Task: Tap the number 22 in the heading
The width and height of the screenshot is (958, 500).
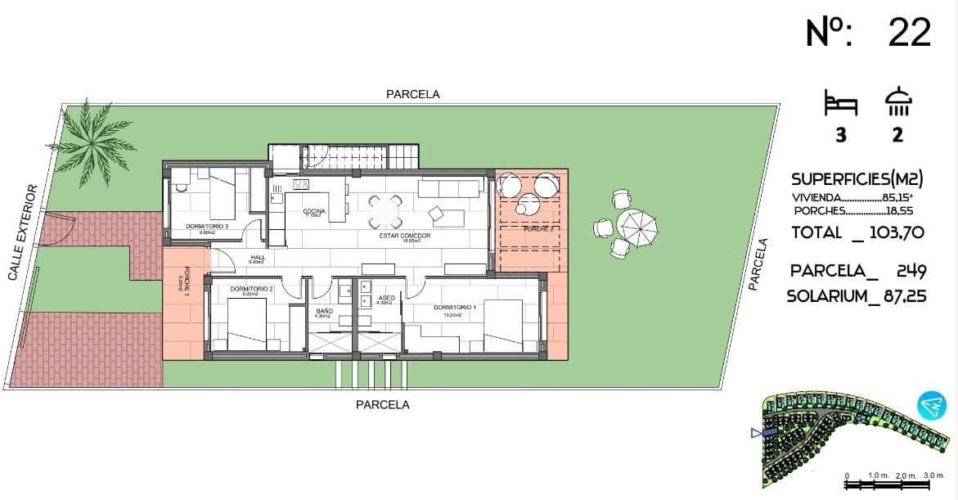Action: pyautogui.click(x=909, y=33)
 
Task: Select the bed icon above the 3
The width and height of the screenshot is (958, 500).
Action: pyautogui.click(x=840, y=105)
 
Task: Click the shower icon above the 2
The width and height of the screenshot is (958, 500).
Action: pyautogui.click(x=897, y=102)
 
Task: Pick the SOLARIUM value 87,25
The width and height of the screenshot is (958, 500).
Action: pyautogui.click(x=905, y=296)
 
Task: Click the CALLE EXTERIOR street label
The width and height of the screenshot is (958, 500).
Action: pyautogui.click(x=22, y=232)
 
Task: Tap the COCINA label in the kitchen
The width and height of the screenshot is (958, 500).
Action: pyautogui.click(x=313, y=211)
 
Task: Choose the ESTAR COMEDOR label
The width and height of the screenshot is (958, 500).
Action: pyautogui.click(x=404, y=236)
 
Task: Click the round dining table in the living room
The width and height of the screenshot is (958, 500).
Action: pyautogui.click(x=385, y=212)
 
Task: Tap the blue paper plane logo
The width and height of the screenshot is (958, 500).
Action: pyautogui.click(x=930, y=405)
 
